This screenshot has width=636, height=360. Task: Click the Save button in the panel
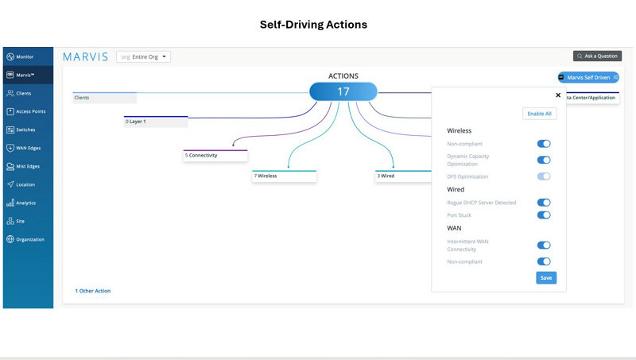(546, 277)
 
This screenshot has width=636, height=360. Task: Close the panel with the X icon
(558, 95)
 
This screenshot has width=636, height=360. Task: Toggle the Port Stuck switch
(544, 215)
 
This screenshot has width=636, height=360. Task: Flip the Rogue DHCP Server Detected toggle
(544, 203)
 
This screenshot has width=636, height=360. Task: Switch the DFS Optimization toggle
(544, 176)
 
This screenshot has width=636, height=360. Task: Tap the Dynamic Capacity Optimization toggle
(544, 161)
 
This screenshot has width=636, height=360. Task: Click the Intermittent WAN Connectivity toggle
(544, 246)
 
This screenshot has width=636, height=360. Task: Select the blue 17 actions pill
(343, 91)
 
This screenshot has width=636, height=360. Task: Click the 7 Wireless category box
(284, 176)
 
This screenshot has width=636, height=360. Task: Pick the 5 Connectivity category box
(215, 156)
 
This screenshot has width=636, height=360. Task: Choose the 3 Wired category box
(403, 176)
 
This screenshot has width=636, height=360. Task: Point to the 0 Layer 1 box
(156, 122)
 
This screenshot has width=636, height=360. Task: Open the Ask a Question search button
(597, 56)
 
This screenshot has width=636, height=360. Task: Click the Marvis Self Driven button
(588, 77)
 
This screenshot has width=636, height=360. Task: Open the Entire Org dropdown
(144, 56)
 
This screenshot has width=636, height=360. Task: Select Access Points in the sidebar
(28, 111)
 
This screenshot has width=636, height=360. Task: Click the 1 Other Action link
(93, 291)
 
